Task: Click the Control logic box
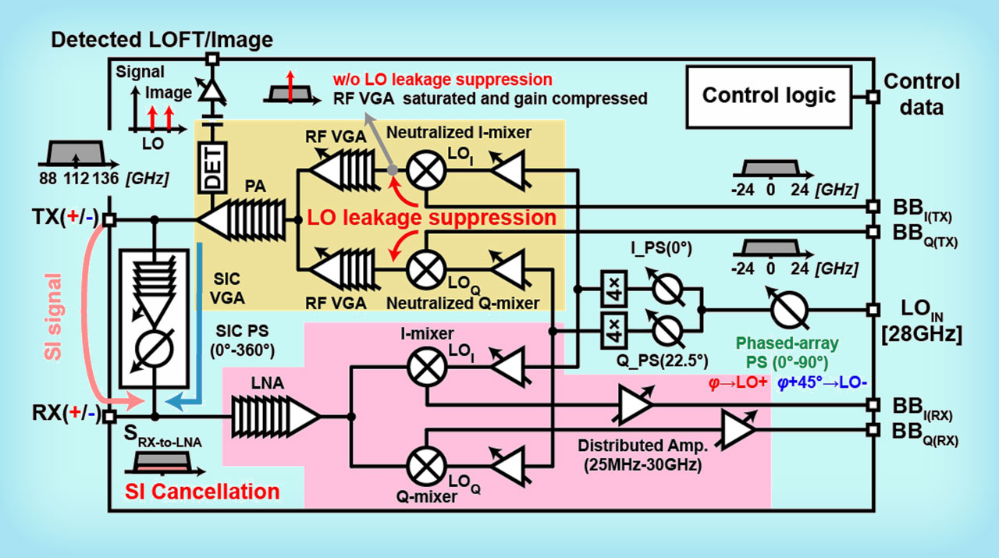coord(769,96)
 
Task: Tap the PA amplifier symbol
coord(245,220)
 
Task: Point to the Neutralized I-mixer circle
coord(421,170)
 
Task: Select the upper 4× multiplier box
coord(612,289)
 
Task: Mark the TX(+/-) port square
coord(110,220)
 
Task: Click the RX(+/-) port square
coord(110,417)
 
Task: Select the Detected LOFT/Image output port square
coord(211,58)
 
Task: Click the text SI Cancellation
coord(203,492)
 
